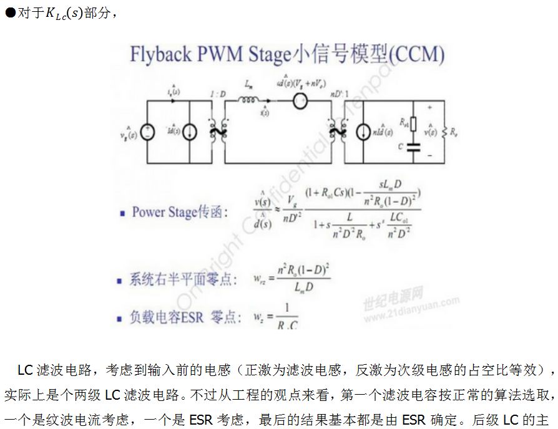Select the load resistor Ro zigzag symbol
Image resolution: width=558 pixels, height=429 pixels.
tap(444, 132)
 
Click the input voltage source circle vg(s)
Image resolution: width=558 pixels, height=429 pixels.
tap(148, 132)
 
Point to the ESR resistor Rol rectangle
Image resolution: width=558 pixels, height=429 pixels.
tap(413, 124)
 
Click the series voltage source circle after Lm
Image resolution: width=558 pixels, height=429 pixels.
tap(300, 101)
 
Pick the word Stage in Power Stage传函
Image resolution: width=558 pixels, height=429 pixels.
tap(180, 212)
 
